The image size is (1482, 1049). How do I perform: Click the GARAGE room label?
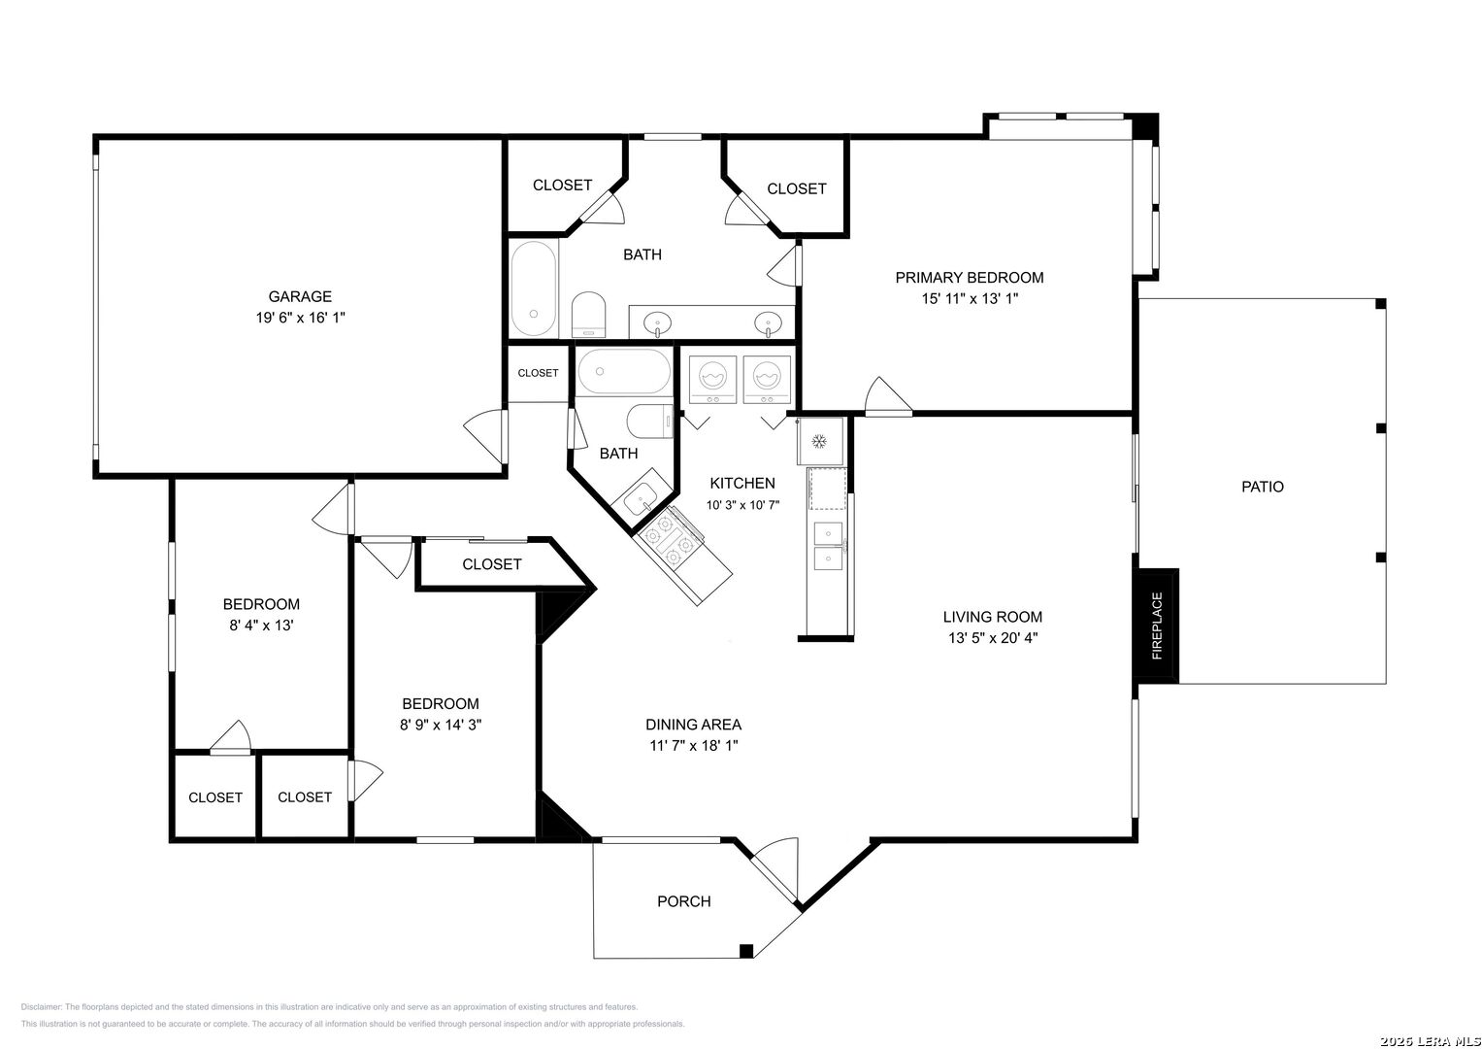pos(300,296)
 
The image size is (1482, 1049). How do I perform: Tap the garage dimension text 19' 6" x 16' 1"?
pos(300,318)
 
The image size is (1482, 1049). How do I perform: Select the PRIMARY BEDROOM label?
pos(970,278)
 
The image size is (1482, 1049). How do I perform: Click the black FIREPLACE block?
pos(1156,626)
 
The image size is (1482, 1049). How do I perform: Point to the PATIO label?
pos(1263,487)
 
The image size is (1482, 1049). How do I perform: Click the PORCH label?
pos(684,901)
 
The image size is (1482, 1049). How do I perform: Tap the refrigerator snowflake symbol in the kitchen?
pos(819,441)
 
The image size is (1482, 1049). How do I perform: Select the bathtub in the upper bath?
pos(533,288)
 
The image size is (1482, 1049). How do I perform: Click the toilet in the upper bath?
pos(588,314)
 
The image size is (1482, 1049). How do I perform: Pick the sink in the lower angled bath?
pos(642,498)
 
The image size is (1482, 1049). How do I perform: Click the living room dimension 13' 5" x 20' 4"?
pos(993,638)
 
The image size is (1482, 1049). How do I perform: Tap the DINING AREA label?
pos(693,725)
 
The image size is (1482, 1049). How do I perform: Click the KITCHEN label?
pos(742,484)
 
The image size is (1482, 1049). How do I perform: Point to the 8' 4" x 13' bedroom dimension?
pos(261,626)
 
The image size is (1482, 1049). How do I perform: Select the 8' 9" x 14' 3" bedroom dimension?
pos(441,725)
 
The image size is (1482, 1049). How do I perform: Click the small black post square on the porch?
pos(746,950)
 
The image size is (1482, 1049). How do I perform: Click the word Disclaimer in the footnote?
pos(41,1007)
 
